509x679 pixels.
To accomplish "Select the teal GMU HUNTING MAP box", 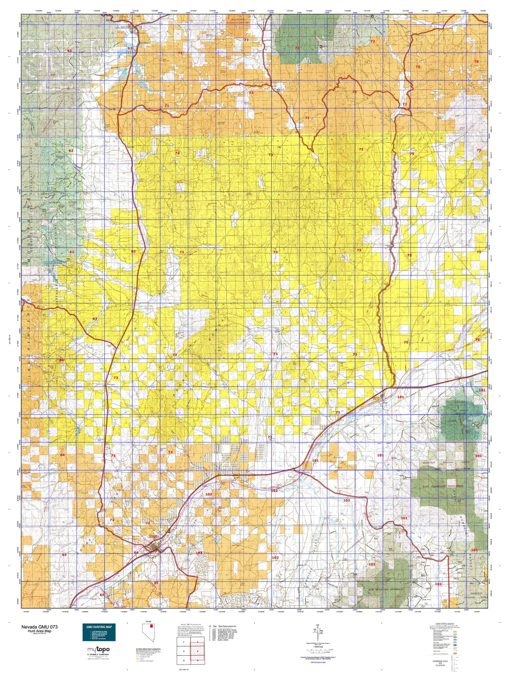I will click(x=99, y=632).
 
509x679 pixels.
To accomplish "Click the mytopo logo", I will click(x=98, y=649).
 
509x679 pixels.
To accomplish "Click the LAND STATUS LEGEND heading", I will click(x=445, y=624).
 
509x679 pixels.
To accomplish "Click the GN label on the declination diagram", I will click(x=318, y=626).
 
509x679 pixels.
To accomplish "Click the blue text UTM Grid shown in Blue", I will click(x=317, y=662).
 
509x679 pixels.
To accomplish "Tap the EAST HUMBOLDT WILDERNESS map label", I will click(x=443, y=486).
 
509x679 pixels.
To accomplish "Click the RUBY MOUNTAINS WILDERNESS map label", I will click(x=384, y=589).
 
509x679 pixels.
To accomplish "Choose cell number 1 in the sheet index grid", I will click(x=184, y=642).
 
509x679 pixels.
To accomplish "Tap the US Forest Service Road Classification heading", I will click(x=148, y=649).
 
